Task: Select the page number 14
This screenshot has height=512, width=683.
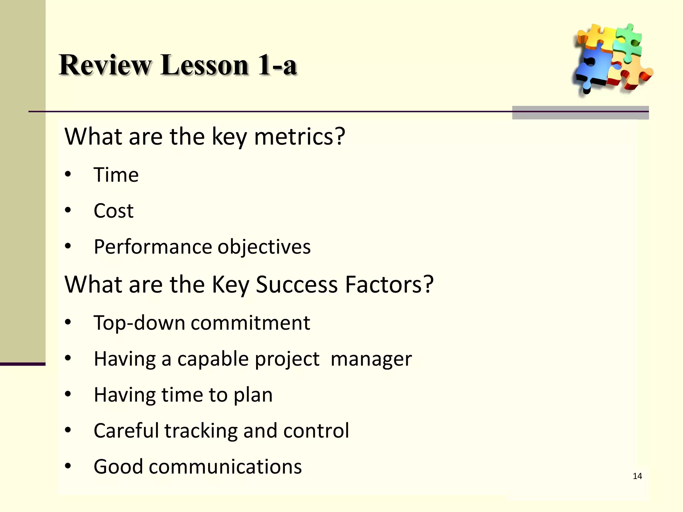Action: [x=637, y=476]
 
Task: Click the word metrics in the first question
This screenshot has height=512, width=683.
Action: [x=299, y=137]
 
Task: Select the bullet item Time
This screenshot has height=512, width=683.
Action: [x=116, y=175]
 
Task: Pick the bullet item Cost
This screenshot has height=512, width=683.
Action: [x=113, y=211]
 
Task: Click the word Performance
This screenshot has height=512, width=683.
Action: [x=152, y=247]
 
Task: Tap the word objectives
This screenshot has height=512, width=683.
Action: [x=264, y=247]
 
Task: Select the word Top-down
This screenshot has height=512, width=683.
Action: [x=139, y=323]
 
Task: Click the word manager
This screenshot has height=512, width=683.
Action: [x=371, y=359]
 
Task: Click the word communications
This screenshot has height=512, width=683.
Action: [x=225, y=467]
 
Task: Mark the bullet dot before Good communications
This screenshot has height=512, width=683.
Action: [x=68, y=466]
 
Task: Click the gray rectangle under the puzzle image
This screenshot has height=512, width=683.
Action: [x=580, y=113]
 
